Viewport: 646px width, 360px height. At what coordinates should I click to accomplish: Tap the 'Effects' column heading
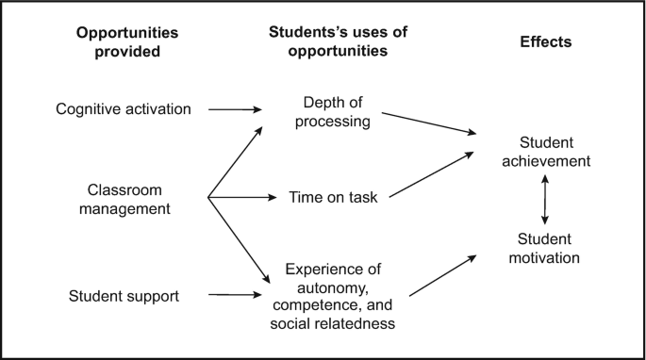(x=546, y=42)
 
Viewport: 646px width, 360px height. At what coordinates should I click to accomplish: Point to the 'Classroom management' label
(x=128, y=198)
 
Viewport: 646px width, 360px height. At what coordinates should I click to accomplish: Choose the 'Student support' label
(x=124, y=297)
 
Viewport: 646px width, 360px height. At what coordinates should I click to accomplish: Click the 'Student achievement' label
(x=547, y=152)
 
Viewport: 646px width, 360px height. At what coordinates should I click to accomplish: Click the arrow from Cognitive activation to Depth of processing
(x=235, y=109)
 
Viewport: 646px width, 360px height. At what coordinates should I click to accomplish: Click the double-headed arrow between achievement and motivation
(x=543, y=200)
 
